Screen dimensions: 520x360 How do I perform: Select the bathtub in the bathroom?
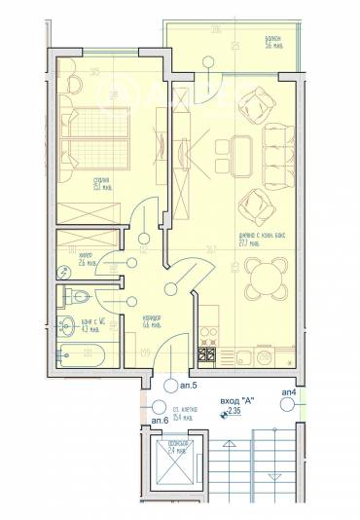click(x=86, y=354)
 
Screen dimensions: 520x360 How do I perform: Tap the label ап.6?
click(x=160, y=419)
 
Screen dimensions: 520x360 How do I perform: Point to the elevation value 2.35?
click(x=234, y=412)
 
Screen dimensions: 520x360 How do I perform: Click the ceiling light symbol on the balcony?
click(x=207, y=61)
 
